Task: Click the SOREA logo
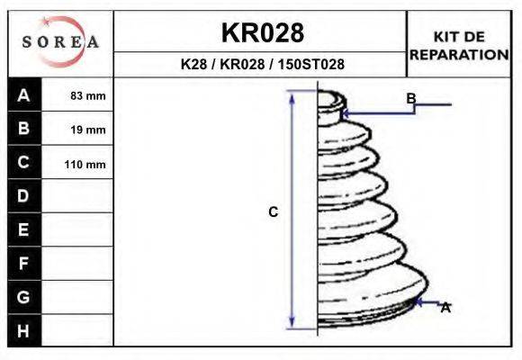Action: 60,41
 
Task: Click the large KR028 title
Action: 263,33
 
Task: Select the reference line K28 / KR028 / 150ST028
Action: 262,64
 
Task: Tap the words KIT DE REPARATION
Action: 459,46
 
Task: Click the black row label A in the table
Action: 24,95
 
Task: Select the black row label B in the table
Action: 24,128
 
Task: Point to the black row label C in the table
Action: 24,162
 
